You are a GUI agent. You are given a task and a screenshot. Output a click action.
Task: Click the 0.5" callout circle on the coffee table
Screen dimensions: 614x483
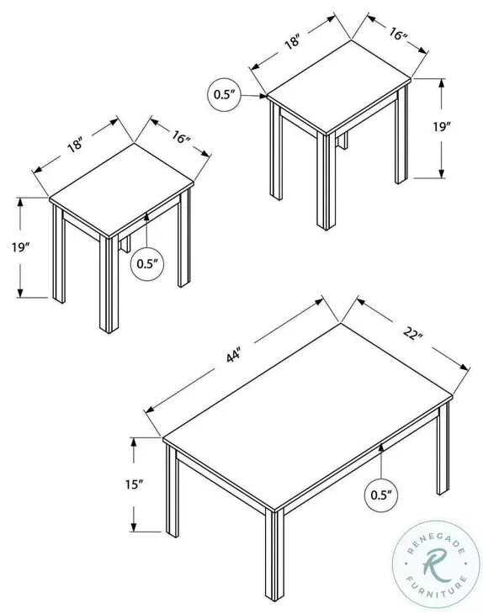tap(382, 495)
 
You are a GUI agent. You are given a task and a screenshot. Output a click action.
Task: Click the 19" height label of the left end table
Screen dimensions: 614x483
tap(23, 247)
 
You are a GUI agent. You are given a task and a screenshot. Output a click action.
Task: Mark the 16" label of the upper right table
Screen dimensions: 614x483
tap(398, 36)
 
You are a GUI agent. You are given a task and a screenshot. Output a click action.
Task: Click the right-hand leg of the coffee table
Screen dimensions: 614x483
tap(443, 454)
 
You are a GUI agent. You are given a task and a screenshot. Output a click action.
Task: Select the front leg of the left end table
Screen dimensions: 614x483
tap(108, 283)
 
